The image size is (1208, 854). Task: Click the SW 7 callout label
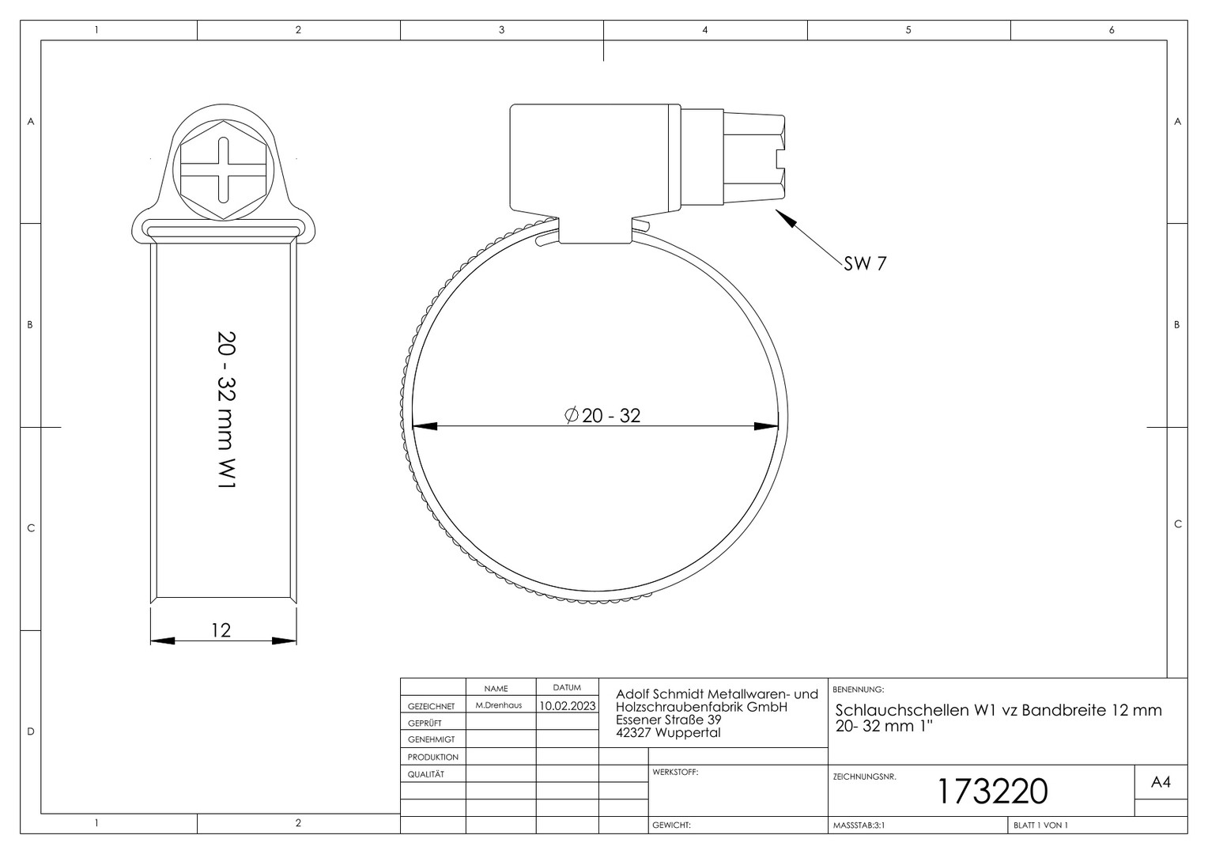[865, 263]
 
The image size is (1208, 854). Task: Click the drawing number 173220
[993, 792]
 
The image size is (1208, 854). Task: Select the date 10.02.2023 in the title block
[568, 705]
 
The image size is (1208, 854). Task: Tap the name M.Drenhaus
[499, 705]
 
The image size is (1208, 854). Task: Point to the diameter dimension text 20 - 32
[602, 415]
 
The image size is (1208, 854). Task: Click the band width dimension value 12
[221, 630]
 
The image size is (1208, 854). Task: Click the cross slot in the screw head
[223, 170]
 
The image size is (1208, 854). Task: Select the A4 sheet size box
[1161, 782]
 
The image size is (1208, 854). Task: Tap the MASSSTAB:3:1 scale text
[859, 826]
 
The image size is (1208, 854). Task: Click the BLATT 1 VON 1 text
[1041, 826]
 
